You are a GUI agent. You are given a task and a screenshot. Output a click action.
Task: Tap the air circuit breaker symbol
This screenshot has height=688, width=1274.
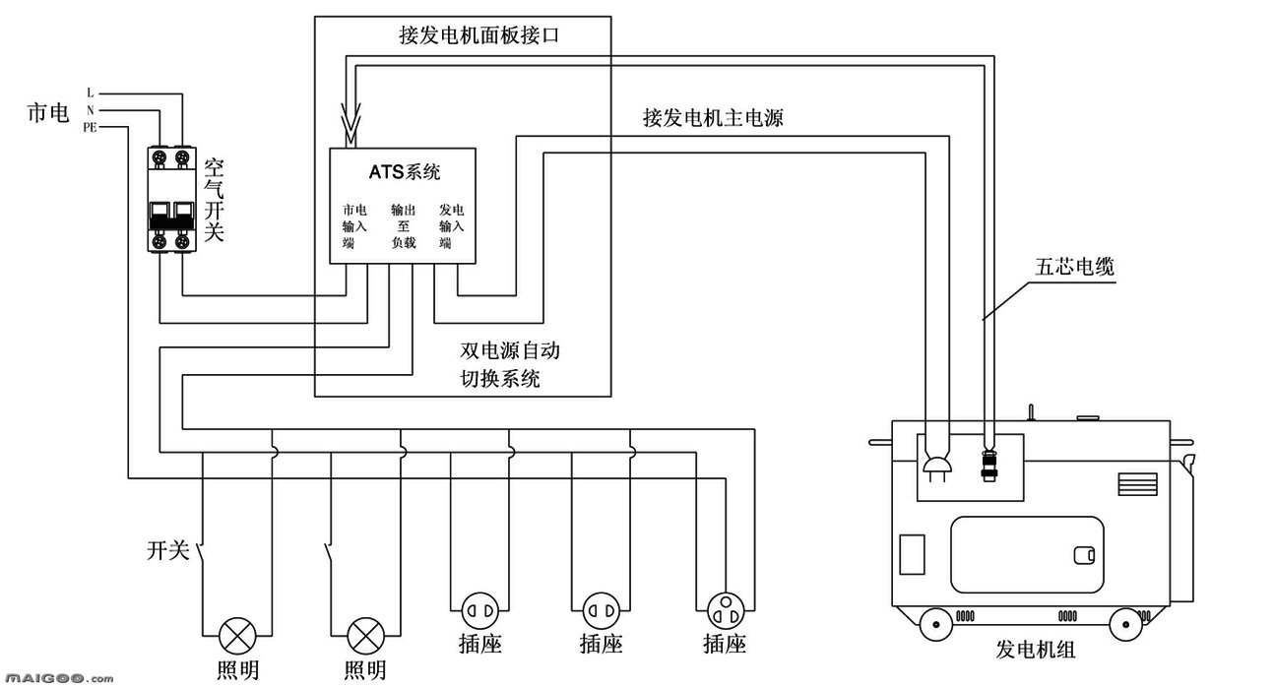170,200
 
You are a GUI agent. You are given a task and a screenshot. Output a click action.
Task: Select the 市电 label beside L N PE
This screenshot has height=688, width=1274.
46,114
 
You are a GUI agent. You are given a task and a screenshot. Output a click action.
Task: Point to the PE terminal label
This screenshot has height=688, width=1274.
90,127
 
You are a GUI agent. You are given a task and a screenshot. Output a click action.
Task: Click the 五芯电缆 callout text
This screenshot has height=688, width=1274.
1074,266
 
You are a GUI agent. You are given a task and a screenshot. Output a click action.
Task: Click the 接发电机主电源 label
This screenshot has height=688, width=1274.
713,118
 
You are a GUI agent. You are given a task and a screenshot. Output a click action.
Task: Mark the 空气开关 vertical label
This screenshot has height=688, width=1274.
215,200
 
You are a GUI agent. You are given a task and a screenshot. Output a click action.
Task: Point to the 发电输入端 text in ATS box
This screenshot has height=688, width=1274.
451,226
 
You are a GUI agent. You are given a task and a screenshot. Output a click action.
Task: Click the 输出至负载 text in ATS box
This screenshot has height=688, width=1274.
403,226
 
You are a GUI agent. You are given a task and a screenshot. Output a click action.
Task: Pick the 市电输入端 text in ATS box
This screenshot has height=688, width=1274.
354,226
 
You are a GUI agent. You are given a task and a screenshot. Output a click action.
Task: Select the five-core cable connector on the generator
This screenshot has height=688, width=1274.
988,463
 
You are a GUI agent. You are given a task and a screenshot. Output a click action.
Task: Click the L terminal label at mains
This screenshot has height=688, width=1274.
91,93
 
